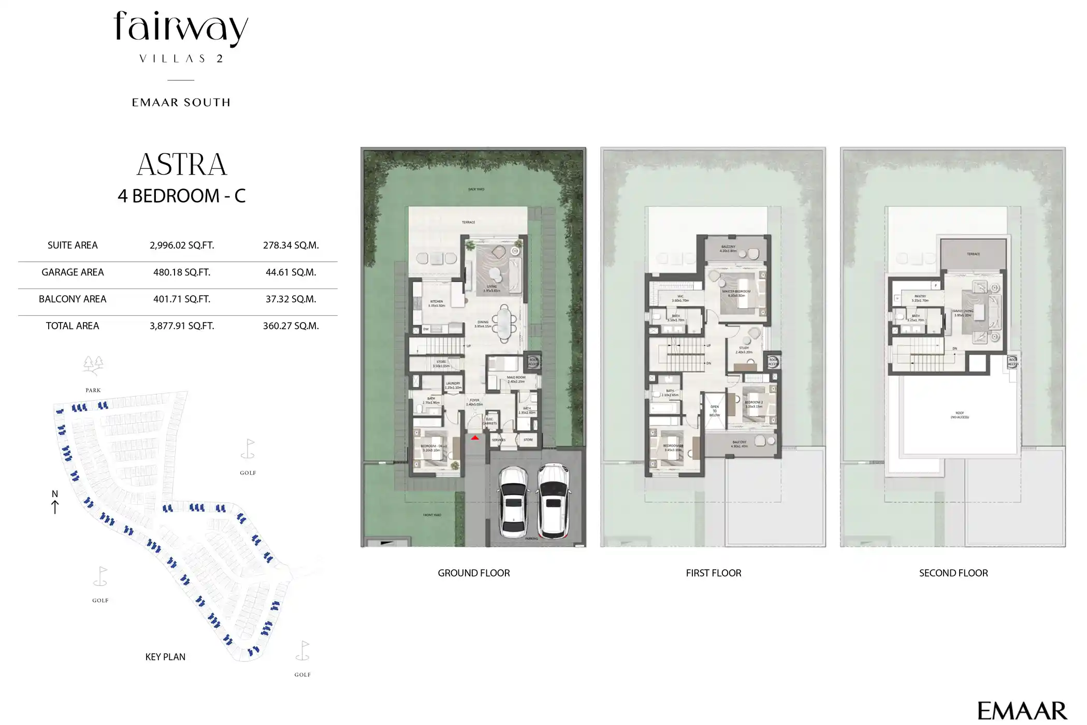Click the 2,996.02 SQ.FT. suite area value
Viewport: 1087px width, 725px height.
point(182,245)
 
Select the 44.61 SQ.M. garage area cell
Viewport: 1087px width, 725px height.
point(291,272)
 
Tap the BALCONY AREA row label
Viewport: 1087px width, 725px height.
point(73,299)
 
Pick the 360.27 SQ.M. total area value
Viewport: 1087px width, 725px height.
point(291,326)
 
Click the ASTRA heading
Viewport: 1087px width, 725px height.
point(182,165)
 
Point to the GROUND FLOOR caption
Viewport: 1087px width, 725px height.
point(473,573)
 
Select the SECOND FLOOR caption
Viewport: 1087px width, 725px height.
point(953,573)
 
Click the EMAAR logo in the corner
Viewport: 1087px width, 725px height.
point(1022,711)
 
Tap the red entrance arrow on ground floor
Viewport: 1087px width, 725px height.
point(475,438)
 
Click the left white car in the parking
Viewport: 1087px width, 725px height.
point(513,501)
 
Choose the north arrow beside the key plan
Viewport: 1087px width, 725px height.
point(55,502)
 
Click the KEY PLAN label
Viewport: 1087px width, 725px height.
point(165,657)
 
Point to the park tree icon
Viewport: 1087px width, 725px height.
point(93,365)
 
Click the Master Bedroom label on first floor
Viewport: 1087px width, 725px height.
point(736,292)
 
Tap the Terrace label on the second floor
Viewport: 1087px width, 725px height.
point(973,254)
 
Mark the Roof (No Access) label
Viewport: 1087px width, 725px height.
point(960,415)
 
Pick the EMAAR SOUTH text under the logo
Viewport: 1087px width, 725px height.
point(181,103)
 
